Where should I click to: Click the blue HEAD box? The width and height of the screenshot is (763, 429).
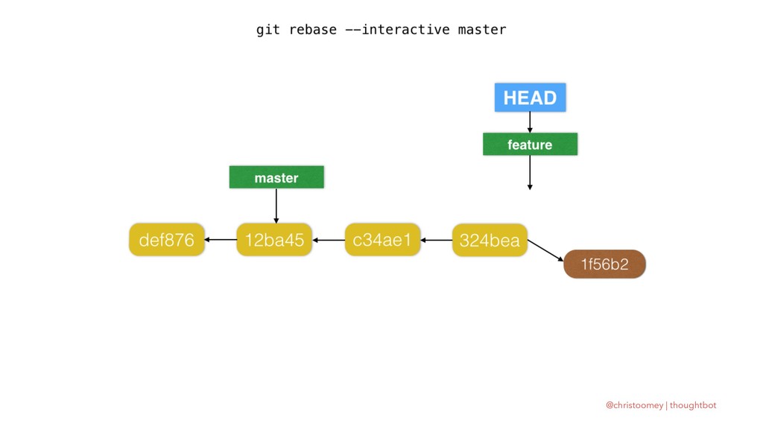pos(530,98)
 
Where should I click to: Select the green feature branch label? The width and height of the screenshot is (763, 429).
pos(530,144)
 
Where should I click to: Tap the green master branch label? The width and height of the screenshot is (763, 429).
pos(276,177)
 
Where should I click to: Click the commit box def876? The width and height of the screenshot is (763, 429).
pos(166,239)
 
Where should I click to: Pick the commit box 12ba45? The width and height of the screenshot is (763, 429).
pos(274,239)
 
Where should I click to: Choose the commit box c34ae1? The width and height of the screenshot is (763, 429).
pos(382,239)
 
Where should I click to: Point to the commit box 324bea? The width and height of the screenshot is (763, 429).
pos(490,240)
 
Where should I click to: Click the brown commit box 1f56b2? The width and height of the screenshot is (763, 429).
pos(604,264)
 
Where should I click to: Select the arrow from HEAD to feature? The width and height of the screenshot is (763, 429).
pos(530,122)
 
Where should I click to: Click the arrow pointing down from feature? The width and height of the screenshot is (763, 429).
pos(530,173)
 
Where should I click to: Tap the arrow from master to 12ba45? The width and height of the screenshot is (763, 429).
pos(276,206)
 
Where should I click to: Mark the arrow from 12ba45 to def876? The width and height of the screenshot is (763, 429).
pos(221,239)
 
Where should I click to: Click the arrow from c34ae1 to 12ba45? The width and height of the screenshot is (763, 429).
pos(329,240)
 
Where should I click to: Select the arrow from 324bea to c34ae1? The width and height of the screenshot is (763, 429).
pos(436,240)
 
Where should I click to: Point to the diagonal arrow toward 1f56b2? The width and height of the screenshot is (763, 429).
pos(545,250)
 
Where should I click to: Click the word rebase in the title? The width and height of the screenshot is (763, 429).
pos(313,30)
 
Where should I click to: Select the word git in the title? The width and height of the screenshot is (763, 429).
pos(268,30)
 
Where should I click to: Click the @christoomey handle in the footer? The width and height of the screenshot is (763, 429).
pos(634,405)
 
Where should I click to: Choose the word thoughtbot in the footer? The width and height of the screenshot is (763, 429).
pos(693,405)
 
